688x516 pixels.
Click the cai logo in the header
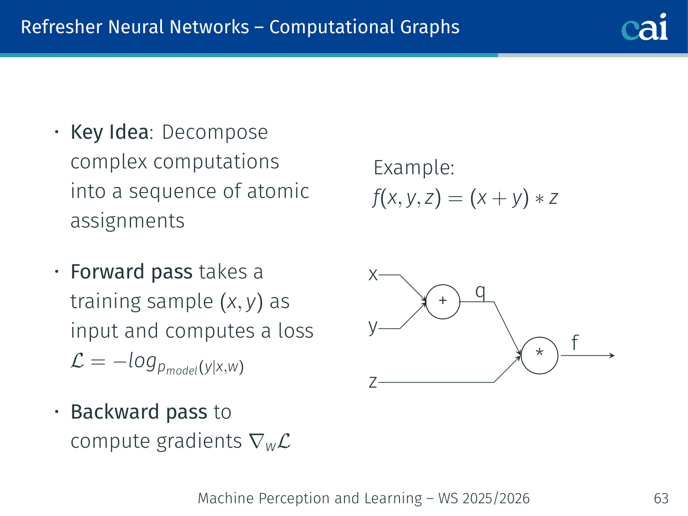pyautogui.click(x=644, y=27)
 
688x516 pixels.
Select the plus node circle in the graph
pyautogui.click(x=443, y=301)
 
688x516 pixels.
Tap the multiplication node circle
pyautogui.click(x=539, y=355)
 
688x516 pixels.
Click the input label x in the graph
pyautogui.click(x=373, y=275)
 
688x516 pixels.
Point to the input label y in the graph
pyautogui.click(x=373, y=327)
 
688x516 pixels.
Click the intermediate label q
pyautogui.click(x=480, y=291)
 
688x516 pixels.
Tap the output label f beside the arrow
pyautogui.click(x=575, y=342)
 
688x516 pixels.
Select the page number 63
pyautogui.click(x=661, y=498)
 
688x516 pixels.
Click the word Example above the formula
pyautogui.click(x=414, y=167)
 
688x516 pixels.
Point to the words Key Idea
pyautogui.click(x=109, y=132)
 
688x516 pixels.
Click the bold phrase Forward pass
pyautogui.click(x=132, y=272)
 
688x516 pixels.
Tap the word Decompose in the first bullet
pyautogui.click(x=215, y=132)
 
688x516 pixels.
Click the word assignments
pyautogui.click(x=127, y=221)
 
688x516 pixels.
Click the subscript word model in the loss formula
pyautogui.click(x=182, y=370)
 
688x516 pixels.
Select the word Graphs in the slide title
pyautogui.click(x=430, y=27)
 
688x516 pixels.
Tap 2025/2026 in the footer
pyautogui.click(x=496, y=498)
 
